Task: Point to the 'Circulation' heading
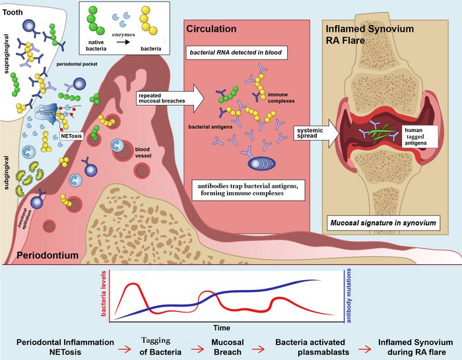point(211,29)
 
